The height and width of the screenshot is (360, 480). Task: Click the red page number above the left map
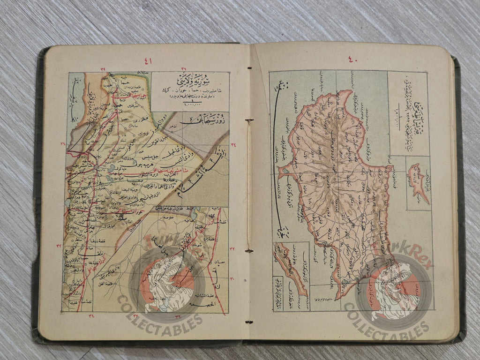[148, 60]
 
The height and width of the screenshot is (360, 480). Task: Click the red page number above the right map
[352, 59]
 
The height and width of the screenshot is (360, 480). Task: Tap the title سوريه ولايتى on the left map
[189, 78]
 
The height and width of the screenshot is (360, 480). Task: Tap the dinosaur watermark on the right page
[394, 290]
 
